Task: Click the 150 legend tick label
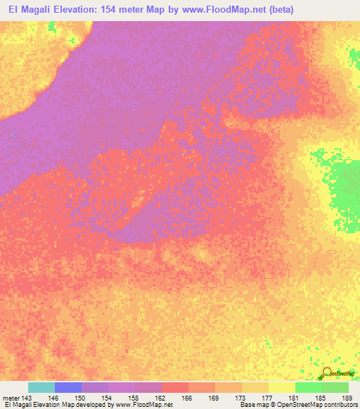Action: pos(82,398)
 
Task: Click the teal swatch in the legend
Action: pos(41,387)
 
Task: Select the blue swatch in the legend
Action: pos(68,387)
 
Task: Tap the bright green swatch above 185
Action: pos(309,387)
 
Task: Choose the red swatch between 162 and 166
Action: pos(175,387)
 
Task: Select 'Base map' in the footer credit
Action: pos(255,405)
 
